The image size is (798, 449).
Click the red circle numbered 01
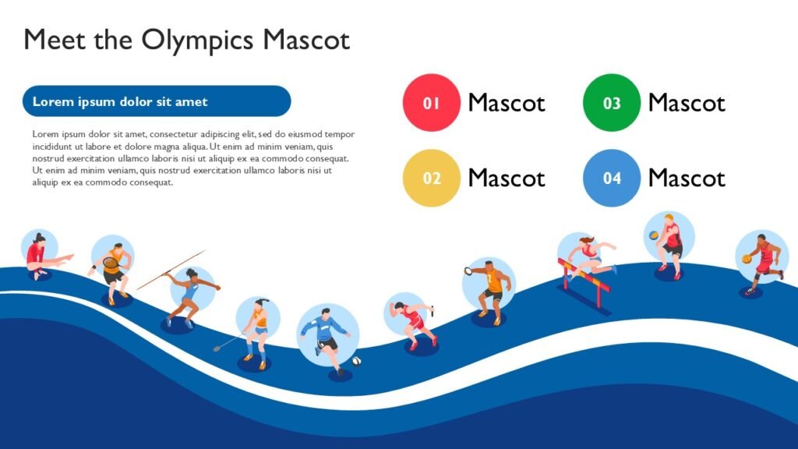coord(431,102)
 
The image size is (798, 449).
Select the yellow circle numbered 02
coord(431,178)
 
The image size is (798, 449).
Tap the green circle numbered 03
coord(611,102)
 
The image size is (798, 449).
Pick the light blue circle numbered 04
coord(611,178)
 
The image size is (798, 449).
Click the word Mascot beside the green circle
coord(687,103)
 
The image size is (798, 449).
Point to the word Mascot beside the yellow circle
coord(507,179)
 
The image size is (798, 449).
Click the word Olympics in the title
coord(197,41)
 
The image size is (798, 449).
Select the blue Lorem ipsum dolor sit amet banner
coord(157,101)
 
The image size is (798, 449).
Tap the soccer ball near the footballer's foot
coord(356,361)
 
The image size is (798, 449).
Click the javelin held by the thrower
coord(171,270)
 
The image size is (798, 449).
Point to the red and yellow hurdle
coord(584,283)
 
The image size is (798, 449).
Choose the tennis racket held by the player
coord(110,262)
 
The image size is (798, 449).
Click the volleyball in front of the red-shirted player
coord(654,235)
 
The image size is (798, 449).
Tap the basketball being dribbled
coord(747,259)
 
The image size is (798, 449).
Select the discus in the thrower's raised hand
coord(468,270)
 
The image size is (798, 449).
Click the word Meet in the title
coord(55,40)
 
